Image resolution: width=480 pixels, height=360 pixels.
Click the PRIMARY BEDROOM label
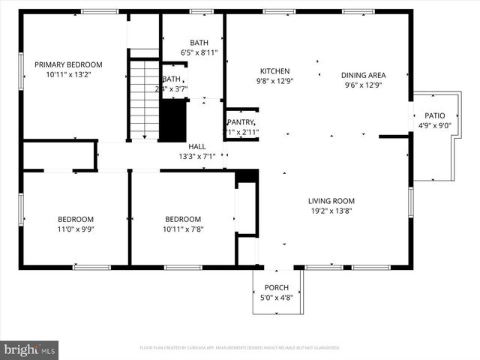tap(68, 64)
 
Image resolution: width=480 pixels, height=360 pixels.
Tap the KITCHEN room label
tap(274, 71)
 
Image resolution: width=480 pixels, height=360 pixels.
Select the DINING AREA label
tap(363, 75)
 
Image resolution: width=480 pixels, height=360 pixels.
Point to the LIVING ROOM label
tap(331, 201)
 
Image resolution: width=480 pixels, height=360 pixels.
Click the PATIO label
tap(435, 115)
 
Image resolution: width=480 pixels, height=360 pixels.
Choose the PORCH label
tap(276, 288)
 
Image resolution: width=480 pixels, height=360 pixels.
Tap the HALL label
tap(197, 146)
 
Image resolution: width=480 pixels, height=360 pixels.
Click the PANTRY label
tap(241, 122)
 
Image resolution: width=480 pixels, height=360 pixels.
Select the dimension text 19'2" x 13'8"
tap(331, 211)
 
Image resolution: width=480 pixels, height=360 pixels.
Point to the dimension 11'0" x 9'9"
tap(76, 229)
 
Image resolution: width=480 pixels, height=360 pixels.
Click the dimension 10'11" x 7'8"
tap(184, 229)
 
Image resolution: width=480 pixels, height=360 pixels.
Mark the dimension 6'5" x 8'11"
tap(199, 52)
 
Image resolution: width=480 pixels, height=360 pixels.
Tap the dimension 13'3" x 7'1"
tap(197, 157)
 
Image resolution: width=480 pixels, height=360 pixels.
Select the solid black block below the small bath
tap(173, 118)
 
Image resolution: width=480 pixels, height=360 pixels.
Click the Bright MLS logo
tap(30, 349)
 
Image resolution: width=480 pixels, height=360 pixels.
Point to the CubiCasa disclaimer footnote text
tap(240, 348)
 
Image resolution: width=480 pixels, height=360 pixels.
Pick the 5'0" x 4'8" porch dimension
tap(276, 298)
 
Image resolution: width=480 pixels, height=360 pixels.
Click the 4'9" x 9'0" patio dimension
tap(435, 126)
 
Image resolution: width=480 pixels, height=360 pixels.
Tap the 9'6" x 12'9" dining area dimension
tap(363, 85)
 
